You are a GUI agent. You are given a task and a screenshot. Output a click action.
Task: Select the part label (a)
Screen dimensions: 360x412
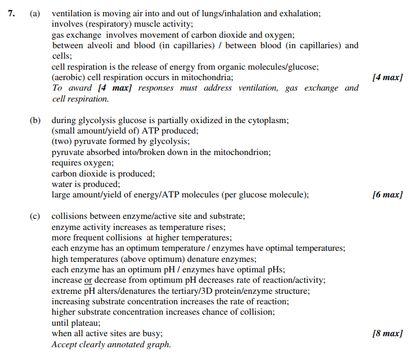point(35,13)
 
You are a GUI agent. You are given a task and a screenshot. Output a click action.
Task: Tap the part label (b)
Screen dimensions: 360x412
point(35,121)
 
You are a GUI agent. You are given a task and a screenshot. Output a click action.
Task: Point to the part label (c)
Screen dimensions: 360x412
point(35,216)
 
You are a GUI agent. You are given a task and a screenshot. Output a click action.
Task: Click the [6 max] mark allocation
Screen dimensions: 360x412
point(387,195)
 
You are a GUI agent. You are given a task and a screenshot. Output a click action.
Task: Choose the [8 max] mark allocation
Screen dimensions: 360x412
point(387,333)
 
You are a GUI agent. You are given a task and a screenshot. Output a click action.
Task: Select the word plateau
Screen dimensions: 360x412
point(85,323)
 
